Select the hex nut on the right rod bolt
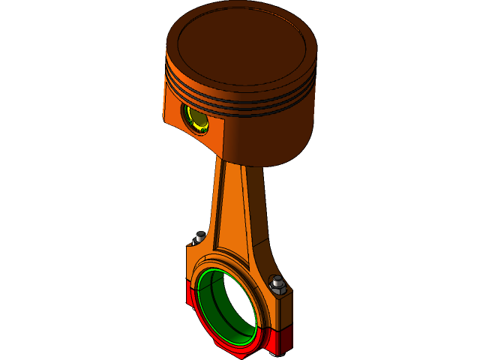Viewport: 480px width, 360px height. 277,284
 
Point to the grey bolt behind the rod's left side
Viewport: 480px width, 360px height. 199,238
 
